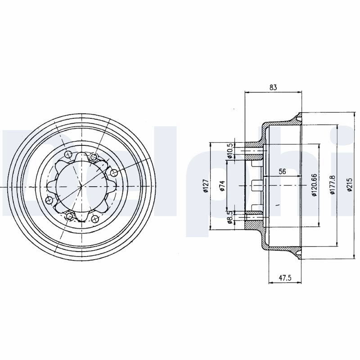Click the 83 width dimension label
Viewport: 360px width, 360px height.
pos(273,87)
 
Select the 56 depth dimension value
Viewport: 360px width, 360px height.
pos(282,171)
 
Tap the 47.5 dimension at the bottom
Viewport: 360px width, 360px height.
pos(285,278)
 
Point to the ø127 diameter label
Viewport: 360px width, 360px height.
pos(206,186)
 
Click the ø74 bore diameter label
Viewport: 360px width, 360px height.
pos(222,186)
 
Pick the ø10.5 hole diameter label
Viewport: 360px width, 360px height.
pos(230,151)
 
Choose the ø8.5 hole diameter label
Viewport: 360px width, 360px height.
pos(230,217)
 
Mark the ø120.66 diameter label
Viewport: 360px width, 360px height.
pos(314,185)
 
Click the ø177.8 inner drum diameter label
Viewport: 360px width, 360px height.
pos(333,185)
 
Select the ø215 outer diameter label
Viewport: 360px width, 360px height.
pos(349,185)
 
